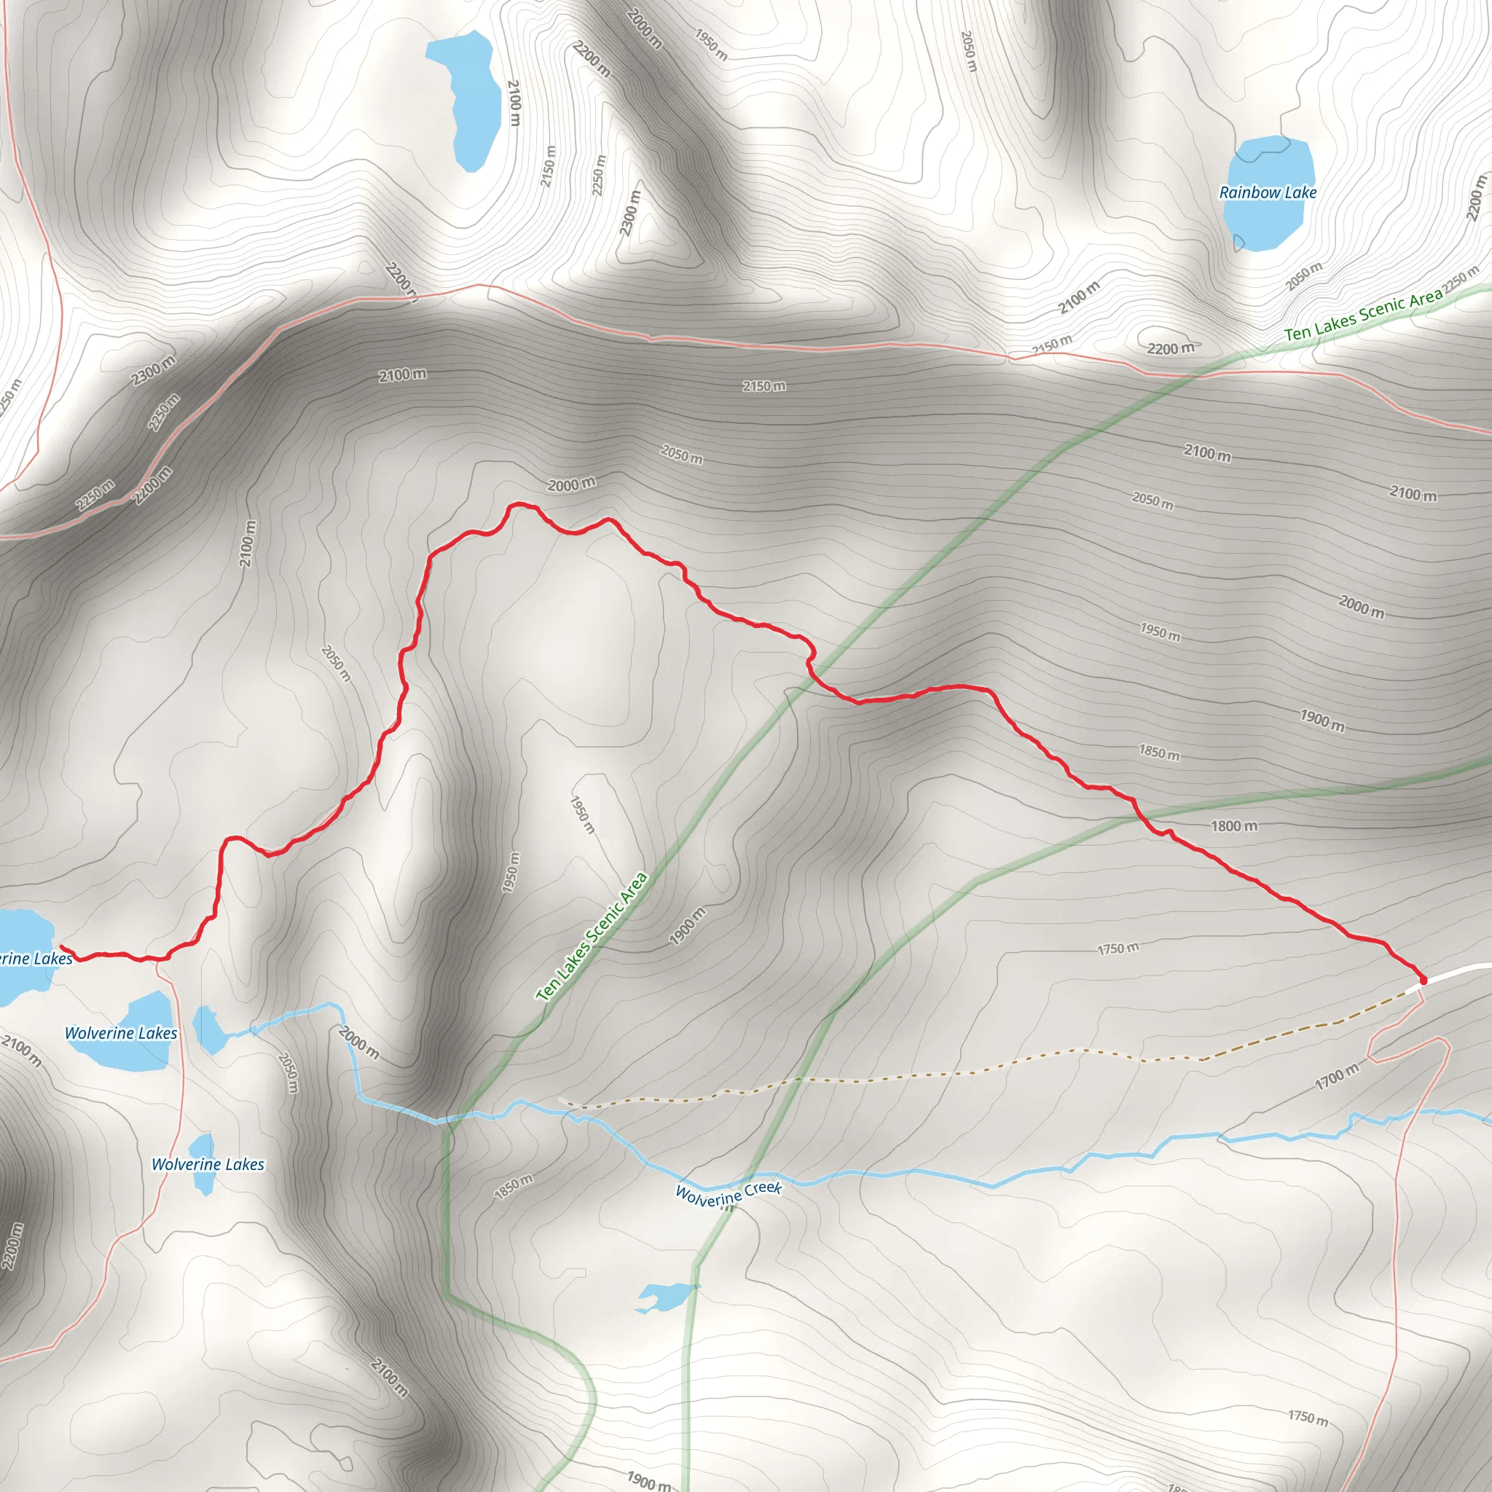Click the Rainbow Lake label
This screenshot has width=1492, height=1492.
click(1268, 192)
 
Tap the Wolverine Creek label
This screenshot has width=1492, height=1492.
click(729, 1194)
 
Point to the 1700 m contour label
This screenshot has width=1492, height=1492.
click(1338, 1076)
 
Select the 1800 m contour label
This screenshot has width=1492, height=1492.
click(1233, 826)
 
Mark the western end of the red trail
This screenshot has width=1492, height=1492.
click(62, 947)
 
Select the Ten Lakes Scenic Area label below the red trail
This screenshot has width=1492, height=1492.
click(592, 936)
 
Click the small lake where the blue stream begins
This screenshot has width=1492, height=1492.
click(206, 1029)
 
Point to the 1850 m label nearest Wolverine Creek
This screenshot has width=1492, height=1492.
click(514, 1187)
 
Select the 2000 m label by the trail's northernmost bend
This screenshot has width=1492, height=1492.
click(571, 485)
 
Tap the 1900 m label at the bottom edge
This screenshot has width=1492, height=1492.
click(647, 1480)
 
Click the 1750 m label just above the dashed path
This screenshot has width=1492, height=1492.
click(1118, 949)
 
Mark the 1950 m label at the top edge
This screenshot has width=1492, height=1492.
click(710, 44)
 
